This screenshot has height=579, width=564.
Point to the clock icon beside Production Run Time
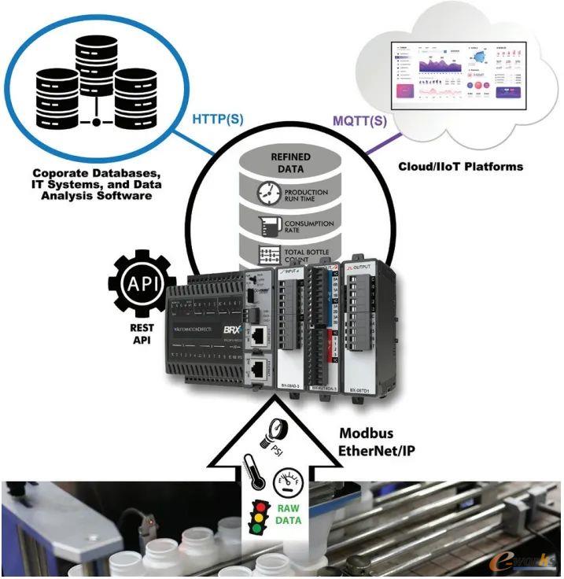(268, 192)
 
